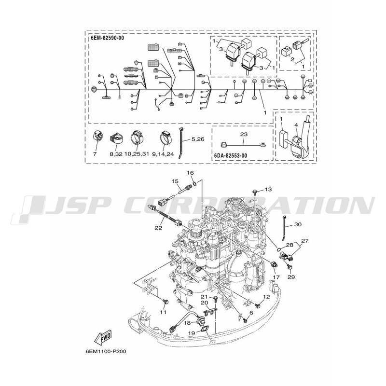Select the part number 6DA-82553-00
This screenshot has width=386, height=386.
(231, 156)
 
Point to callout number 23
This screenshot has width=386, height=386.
(243, 134)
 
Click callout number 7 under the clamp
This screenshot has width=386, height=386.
(95, 153)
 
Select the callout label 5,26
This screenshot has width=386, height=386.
(197, 139)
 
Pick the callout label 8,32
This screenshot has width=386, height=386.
(115, 153)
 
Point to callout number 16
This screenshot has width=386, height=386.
(190, 172)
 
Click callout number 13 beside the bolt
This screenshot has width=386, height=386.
(268, 189)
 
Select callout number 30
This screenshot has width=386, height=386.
(298, 224)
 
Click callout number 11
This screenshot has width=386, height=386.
(163, 313)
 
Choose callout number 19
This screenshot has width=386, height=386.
(192, 332)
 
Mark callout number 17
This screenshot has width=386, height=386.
(276, 277)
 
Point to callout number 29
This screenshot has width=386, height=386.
(290, 277)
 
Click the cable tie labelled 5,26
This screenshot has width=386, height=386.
(182, 140)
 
